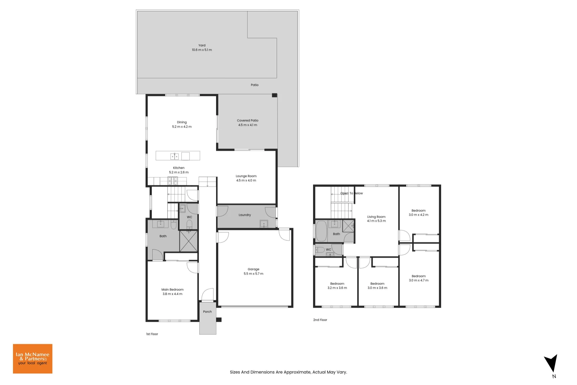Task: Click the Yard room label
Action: (x=202, y=45)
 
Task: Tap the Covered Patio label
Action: (x=248, y=120)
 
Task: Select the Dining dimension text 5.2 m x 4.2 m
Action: (x=182, y=127)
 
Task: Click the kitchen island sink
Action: (x=175, y=156)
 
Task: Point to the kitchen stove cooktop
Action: (x=173, y=181)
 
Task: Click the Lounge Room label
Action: (x=246, y=176)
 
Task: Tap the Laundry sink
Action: (x=264, y=224)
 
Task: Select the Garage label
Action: (x=254, y=269)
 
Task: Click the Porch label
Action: (x=207, y=312)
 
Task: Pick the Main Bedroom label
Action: (x=173, y=289)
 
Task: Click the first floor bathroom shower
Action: (x=189, y=241)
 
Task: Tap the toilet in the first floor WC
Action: (x=189, y=224)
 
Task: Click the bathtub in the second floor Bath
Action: (x=321, y=231)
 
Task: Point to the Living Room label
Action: (x=376, y=217)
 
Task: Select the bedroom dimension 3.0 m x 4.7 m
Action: (x=419, y=280)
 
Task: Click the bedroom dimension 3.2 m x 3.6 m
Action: (x=337, y=288)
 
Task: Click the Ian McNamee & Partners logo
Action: (x=33, y=359)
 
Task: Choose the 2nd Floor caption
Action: (x=320, y=320)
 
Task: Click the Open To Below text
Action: (x=352, y=193)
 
